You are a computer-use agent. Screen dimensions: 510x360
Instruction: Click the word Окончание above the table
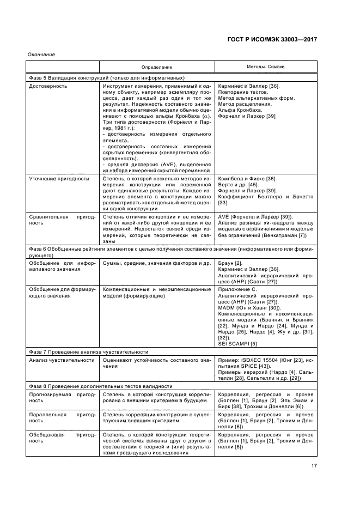(x=41, y=54)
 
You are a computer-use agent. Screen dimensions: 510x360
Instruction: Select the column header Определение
(x=157, y=68)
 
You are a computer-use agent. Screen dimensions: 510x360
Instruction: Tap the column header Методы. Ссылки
(x=266, y=67)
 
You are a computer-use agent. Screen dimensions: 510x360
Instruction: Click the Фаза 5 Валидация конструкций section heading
(x=106, y=78)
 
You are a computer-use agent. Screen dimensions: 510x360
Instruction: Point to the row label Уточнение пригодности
(x=59, y=178)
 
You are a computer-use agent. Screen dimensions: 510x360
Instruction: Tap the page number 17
(x=314, y=465)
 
